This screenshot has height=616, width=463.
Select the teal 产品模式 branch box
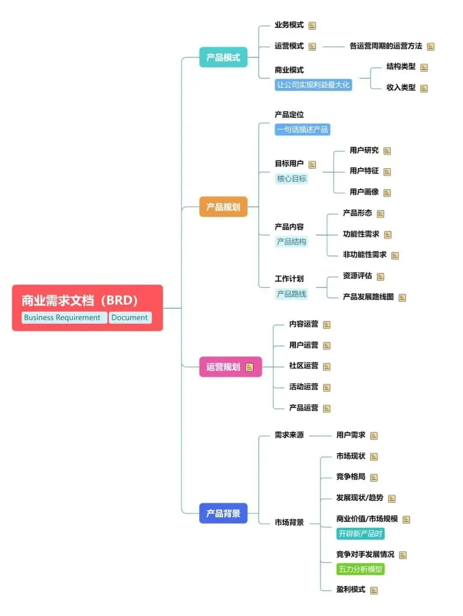pos(223,57)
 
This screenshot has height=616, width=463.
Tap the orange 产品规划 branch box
pos(223,207)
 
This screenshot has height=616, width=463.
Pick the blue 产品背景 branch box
pos(223,513)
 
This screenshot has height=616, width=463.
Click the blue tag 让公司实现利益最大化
pos(313,85)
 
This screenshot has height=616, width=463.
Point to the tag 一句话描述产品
pos(302,129)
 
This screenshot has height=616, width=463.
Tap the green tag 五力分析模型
pos(360,569)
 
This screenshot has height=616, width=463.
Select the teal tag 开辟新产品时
pos(360,533)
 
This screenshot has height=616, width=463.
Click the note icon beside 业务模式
pos(312,26)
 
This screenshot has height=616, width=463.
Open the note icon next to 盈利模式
pos(374,591)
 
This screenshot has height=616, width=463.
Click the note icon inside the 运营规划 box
pos(250,367)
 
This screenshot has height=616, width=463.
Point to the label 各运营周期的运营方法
pos(385,46)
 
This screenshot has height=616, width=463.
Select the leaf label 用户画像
pos(364,192)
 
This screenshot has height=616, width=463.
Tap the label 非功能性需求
pos(364,255)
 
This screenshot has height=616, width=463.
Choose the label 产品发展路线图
pos(368,297)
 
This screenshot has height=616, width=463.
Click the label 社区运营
pos(304,366)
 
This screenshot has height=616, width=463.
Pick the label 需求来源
pos(289,435)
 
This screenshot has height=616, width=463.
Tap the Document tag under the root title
pos(129,318)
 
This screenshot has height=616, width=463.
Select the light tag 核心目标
pos(292,179)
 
